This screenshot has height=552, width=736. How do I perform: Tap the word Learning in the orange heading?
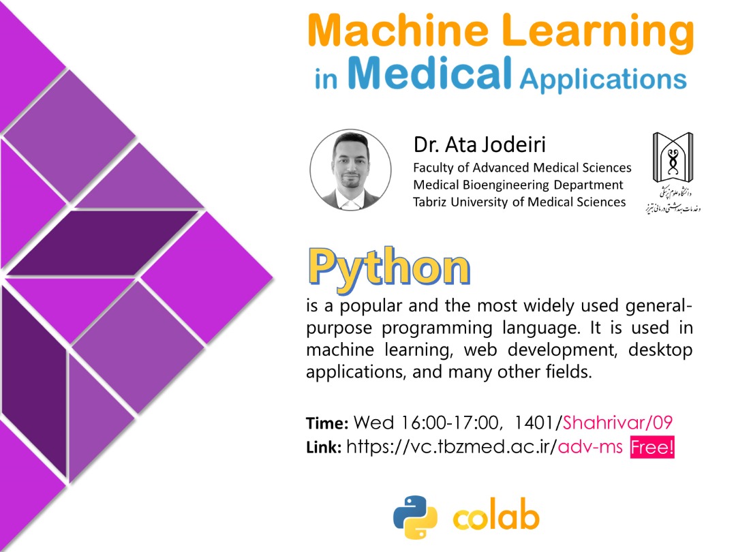598,33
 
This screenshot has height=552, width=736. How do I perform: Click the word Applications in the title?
603,79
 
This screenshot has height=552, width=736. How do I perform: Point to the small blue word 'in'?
326,78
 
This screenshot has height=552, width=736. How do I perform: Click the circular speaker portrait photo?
351,170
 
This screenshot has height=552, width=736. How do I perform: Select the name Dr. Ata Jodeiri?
479,144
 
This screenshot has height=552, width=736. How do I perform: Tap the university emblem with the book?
673,157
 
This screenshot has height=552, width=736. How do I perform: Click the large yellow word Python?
389,268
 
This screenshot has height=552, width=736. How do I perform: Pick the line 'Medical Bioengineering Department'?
518,185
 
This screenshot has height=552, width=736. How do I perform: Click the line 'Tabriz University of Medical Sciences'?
519,202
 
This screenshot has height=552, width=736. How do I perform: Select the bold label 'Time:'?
327,423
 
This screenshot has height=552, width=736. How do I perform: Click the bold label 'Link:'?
324,447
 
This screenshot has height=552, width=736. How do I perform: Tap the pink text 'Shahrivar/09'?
617,423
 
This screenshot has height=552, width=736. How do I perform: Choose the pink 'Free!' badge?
652,447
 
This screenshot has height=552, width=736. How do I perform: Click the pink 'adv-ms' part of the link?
590,446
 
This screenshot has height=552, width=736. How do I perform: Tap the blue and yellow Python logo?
415,517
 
